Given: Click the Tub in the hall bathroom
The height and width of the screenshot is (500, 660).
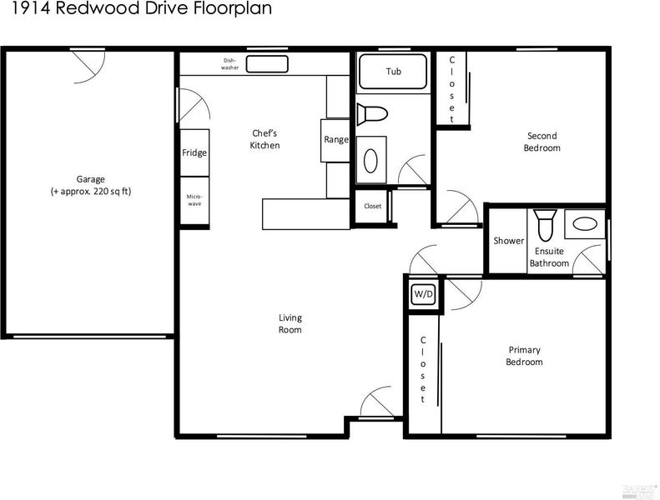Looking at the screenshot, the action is click(x=393, y=72).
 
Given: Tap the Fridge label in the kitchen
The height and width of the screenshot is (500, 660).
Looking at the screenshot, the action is click(x=194, y=152).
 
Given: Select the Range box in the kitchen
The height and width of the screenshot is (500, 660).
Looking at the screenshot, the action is click(x=335, y=141).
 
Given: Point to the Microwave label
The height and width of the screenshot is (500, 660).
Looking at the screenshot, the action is click(x=194, y=200).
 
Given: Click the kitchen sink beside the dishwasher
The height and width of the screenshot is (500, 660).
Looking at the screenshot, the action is click(x=267, y=64).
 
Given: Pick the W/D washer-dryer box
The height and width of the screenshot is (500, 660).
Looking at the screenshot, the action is click(x=423, y=293).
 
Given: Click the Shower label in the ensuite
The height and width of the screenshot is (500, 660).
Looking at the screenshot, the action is click(x=508, y=241).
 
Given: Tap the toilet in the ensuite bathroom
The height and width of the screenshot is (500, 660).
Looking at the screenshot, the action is click(x=545, y=225).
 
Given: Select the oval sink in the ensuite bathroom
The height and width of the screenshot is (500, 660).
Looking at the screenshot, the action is click(x=585, y=223).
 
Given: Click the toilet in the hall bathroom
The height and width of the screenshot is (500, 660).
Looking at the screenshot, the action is click(x=372, y=113).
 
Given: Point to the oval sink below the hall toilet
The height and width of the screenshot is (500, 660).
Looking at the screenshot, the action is click(x=370, y=161).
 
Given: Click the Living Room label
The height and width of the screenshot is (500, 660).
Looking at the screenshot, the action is click(x=290, y=323).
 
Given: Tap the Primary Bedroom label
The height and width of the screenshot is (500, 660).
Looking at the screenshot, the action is click(x=524, y=356).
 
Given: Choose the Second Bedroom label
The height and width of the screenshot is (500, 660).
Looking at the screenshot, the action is click(x=542, y=142).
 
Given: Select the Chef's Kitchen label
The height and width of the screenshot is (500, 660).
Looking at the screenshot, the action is click(x=265, y=139).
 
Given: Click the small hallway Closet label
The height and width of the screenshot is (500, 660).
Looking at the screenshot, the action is click(x=372, y=206).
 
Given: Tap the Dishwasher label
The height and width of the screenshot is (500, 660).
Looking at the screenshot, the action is click(x=229, y=64).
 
